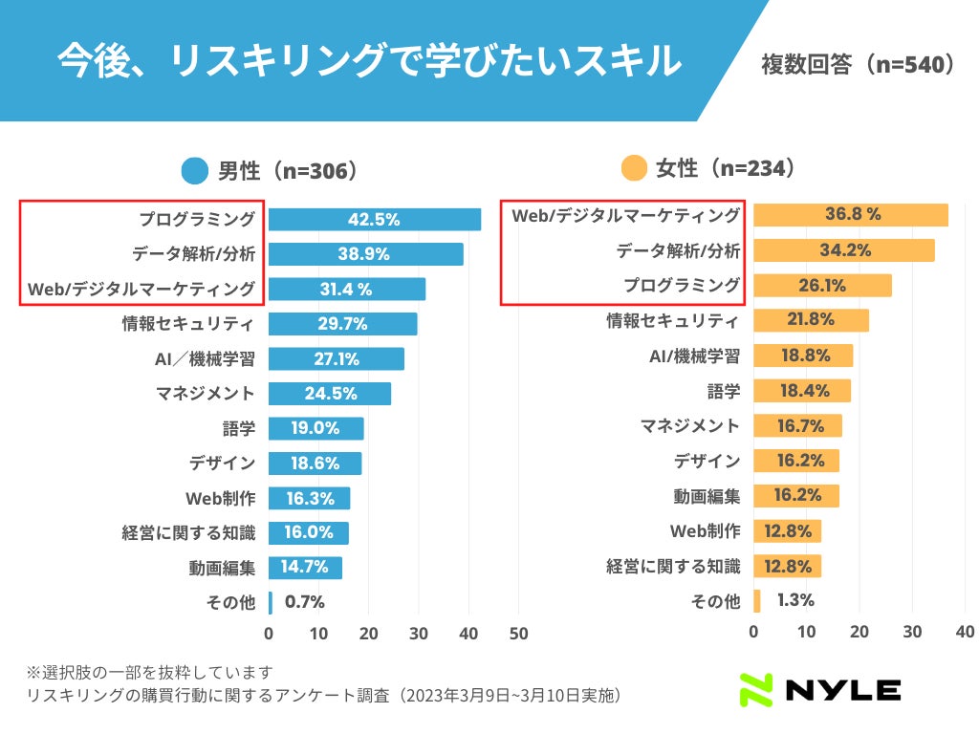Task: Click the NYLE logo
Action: click(x=819, y=690)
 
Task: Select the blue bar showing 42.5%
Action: click(x=374, y=219)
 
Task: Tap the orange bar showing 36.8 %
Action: click(x=851, y=215)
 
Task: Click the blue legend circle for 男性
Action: click(x=195, y=172)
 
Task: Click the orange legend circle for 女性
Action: click(x=634, y=169)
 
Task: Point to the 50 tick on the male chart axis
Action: click(x=519, y=633)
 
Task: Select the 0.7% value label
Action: click(x=305, y=602)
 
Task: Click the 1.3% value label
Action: click(x=795, y=600)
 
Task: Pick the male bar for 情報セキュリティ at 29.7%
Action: click(x=342, y=324)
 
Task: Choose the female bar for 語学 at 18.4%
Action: click(x=802, y=391)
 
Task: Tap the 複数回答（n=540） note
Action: click(x=858, y=65)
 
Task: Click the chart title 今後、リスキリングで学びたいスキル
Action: click(x=368, y=60)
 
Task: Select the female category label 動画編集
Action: click(x=707, y=496)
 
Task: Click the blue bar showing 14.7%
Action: click(x=305, y=568)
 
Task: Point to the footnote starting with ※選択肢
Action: click(x=150, y=672)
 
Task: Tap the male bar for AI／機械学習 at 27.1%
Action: click(x=336, y=358)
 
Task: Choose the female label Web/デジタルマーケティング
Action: click(x=625, y=215)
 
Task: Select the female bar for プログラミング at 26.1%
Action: click(x=822, y=285)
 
